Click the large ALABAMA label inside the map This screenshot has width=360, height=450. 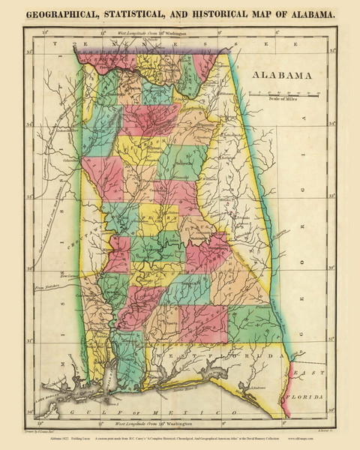[x=282, y=76]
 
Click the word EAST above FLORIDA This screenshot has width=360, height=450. [x=305, y=373]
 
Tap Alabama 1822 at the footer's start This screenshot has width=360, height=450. [x=45, y=440]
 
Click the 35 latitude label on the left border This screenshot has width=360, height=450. [x=30, y=52]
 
